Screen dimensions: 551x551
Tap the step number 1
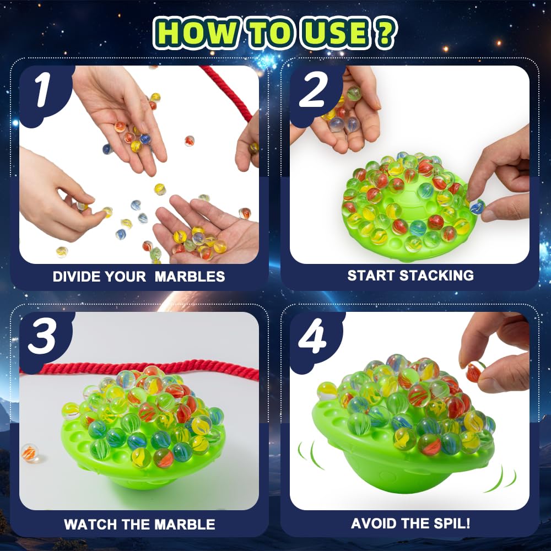(x=43, y=91)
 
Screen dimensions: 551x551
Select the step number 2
(x=313, y=91)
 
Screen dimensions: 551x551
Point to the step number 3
(x=43, y=337)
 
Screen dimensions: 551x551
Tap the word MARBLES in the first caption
(x=190, y=277)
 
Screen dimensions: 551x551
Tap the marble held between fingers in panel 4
(x=474, y=372)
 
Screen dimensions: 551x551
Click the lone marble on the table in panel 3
(x=30, y=453)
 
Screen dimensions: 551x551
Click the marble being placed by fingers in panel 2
(x=477, y=207)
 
